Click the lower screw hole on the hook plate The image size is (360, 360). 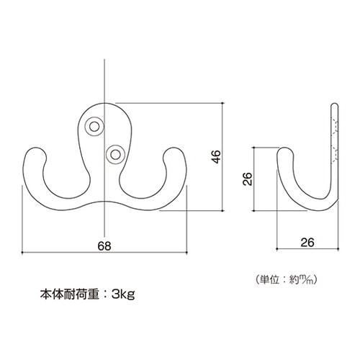pyautogui.click(x=114, y=153)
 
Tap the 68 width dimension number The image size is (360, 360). pyautogui.click(x=105, y=246)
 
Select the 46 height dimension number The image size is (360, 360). pyautogui.click(x=215, y=157)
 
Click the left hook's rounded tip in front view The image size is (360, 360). pyautogui.click(x=35, y=154)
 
